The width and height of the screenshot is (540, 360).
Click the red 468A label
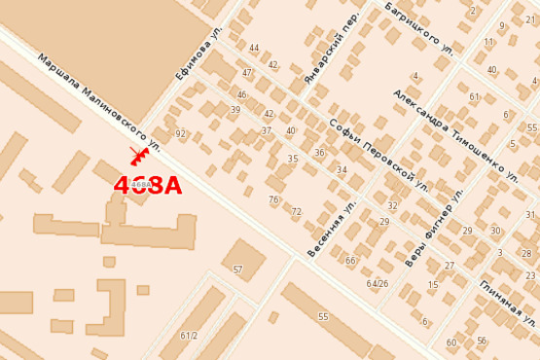pyautogui.click(x=148, y=185)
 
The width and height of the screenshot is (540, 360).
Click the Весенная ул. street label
pyautogui.click(x=331, y=231)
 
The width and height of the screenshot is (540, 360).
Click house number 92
pyautogui.click(x=180, y=133)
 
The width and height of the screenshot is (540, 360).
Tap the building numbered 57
pyautogui.click(x=237, y=270)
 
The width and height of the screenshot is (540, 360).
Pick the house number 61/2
pyautogui.click(x=189, y=336)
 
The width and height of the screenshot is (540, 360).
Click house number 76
pyautogui.click(x=273, y=199)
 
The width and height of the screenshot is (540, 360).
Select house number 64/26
pyautogui.click(x=377, y=283)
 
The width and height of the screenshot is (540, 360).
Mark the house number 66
pyautogui.click(x=350, y=261)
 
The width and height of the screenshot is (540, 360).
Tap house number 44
pyautogui.click(x=254, y=48)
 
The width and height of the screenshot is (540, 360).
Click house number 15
pyautogui.click(x=433, y=285)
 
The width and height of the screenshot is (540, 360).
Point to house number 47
pyautogui.click(x=247, y=72)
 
